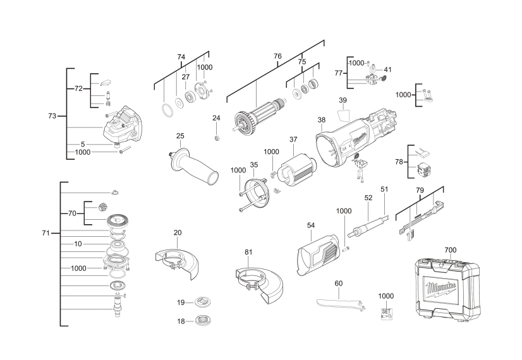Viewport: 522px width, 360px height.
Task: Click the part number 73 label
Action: click(52, 116)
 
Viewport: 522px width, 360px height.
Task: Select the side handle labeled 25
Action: click(193, 165)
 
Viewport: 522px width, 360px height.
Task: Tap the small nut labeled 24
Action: click(216, 137)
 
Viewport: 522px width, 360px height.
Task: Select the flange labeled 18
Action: click(203, 321)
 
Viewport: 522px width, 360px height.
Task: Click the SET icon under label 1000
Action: click(386, 313)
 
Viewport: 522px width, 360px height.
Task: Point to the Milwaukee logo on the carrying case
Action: click(442, 289)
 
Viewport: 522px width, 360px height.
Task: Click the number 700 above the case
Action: click(450, 250)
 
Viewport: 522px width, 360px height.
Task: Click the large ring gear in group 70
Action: click(116, 221)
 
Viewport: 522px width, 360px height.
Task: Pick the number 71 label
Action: click(46, 233)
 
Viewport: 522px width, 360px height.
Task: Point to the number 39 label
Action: click(343, 100)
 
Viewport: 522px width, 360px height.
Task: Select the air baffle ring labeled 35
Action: click(257, 194)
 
